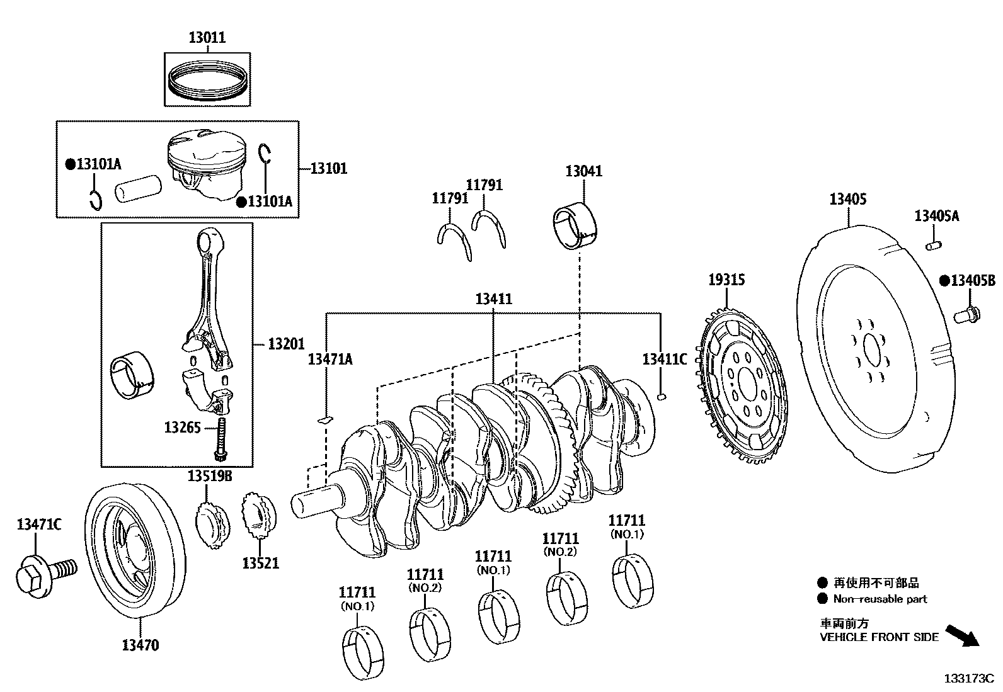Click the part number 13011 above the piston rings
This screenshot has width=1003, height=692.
(207, 38)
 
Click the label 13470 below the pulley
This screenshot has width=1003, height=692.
(140, 645)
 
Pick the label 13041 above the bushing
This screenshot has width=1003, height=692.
(583, 171)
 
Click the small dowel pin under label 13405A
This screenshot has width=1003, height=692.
(933, 244)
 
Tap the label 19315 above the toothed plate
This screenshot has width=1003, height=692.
(726, 280)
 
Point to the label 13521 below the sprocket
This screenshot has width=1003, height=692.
(260, 562)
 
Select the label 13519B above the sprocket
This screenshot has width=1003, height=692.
(209, 477)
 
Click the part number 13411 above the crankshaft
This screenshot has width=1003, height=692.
(493, 299)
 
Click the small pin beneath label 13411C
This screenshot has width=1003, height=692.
(660, 396)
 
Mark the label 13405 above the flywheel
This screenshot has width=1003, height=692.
(847, 200)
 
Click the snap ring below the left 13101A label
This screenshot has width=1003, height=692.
(95, 200)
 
